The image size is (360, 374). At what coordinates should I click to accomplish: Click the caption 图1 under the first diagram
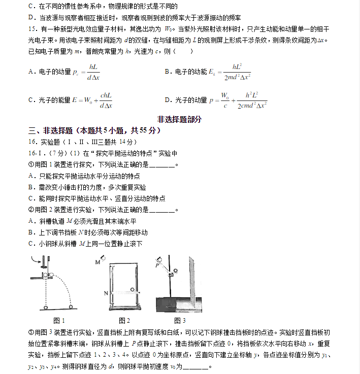coord(59,320)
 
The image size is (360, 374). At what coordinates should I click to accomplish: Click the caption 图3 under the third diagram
coord(180,320)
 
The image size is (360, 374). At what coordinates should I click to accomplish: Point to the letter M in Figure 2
coord(97,262)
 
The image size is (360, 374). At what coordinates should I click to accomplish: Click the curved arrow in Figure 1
coord(37,260)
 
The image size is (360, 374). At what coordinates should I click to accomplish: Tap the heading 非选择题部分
coord(179,119)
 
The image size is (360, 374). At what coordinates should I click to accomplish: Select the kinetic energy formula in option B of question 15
coord(231,72)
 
